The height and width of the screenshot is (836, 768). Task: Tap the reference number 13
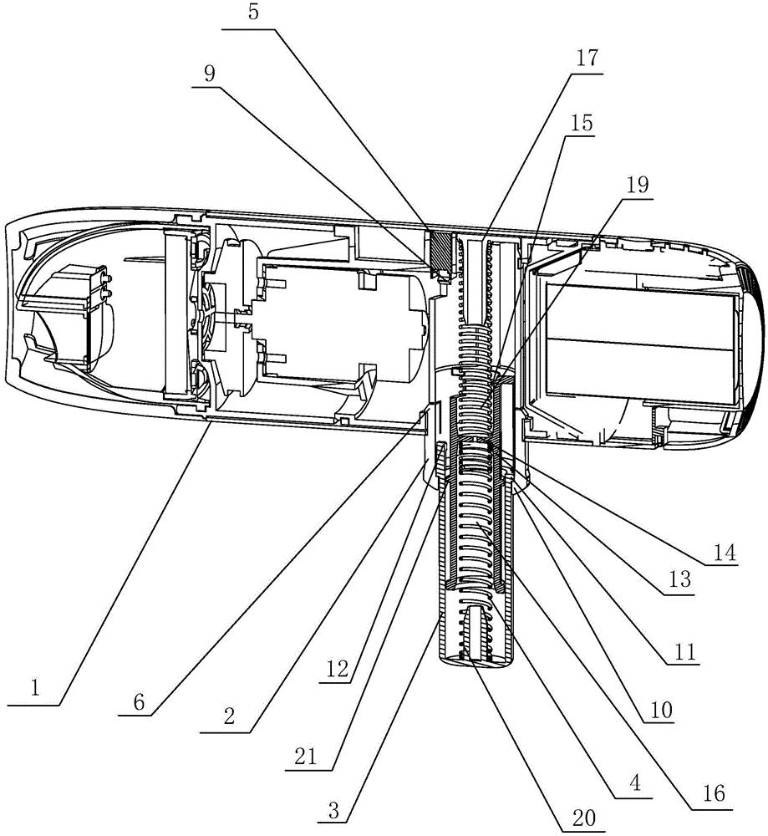[x=679, y=581]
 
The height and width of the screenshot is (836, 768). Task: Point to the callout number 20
[x=587, y=817]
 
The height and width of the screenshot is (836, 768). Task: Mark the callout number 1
[x=34, y=689]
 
